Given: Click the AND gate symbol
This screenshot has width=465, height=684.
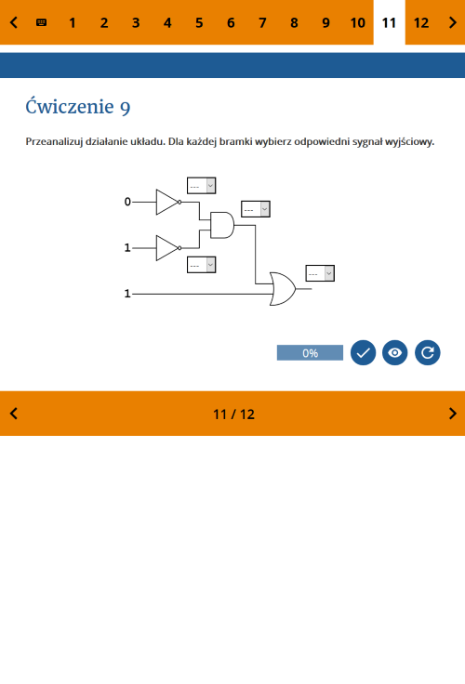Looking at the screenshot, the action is coord(222,225).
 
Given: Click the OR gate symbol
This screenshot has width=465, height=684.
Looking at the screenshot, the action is coord(283,289).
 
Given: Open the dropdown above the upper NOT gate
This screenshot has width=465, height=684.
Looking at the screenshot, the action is coord(201,185).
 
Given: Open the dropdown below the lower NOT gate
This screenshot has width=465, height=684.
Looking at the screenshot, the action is coord(201,265).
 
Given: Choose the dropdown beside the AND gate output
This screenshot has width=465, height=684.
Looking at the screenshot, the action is coord(256,209).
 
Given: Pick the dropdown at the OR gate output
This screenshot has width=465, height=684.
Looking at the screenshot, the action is coord(320,273).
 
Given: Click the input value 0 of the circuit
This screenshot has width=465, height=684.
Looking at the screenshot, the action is coord(127,202).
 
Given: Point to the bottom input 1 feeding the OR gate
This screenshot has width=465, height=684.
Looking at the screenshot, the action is coord(127,294).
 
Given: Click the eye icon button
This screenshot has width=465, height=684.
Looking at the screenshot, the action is coord(394,352).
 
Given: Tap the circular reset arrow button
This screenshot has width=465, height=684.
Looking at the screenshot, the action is coord(428,352).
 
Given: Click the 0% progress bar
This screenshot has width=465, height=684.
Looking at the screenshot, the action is coord(310,352).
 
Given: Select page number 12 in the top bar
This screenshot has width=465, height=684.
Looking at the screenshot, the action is coord(421,22).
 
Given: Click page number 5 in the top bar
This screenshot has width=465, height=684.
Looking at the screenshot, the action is coord(199,22).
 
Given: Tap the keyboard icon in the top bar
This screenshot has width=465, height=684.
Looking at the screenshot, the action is coord(42,22).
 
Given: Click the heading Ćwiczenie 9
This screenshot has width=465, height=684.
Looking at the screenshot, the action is coord(78,107).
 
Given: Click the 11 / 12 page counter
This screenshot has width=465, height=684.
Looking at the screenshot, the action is coord(233,414).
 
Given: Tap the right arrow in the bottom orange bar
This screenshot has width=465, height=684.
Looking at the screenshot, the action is coord(453,414).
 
